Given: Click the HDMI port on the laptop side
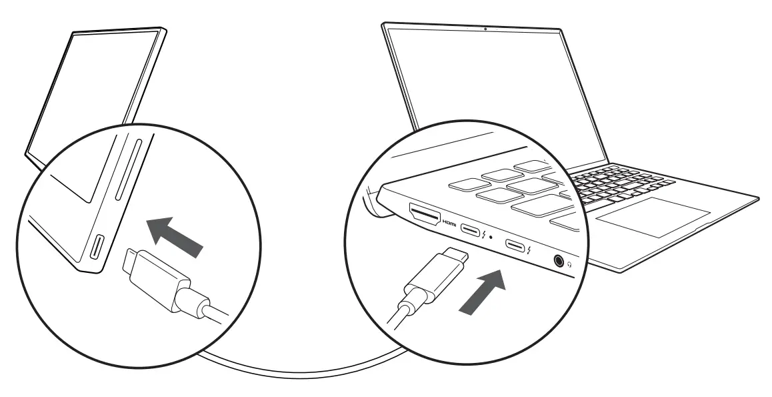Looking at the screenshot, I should point(425,215).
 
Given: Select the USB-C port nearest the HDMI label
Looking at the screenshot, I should point(473,231).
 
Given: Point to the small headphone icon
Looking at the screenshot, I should point(570,264).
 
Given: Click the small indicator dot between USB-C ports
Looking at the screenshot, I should point(491,236).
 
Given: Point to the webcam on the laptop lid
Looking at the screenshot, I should point(485,29).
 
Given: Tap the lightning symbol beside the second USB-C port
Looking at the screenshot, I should point(528,250).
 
